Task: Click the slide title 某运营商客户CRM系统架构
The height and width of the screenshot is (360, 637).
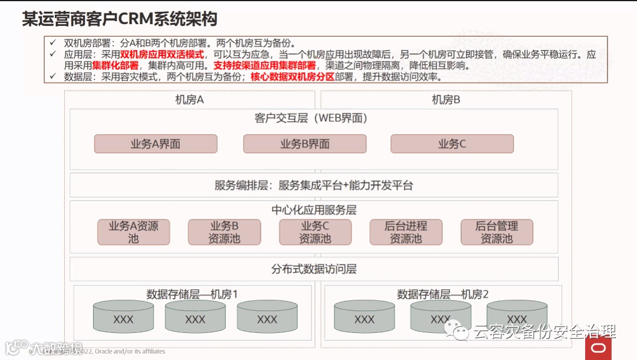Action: coord(119,18)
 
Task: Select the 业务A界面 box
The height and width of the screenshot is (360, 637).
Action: coord(156,144)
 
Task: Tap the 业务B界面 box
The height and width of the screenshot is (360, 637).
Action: coord(304,144)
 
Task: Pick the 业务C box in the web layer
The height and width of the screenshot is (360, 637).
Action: coord(452,144)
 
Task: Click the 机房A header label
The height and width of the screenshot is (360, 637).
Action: coord(189,100)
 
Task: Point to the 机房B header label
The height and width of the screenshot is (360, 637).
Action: coord(446,100)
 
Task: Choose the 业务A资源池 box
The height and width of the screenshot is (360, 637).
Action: coord(133,232)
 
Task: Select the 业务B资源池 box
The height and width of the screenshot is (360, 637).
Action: coord(224,232)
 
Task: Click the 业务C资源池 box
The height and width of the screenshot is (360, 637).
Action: coord(315,232)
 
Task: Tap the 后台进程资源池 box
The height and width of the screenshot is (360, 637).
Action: coord(406,232)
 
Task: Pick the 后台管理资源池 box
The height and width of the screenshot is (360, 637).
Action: coord(497,232)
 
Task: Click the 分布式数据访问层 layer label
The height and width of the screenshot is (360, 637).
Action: coord(314,269)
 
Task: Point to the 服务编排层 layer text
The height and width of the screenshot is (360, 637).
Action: coord(314,185)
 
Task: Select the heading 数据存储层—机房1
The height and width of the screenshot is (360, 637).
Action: coord(192,294)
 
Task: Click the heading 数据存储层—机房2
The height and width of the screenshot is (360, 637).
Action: coord(443,294)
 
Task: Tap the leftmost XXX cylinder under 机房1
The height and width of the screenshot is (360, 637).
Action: coord(123,319)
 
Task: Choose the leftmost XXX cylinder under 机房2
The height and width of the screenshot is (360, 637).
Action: coord(364,319)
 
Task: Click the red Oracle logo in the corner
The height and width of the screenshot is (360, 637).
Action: coord(598,348)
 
